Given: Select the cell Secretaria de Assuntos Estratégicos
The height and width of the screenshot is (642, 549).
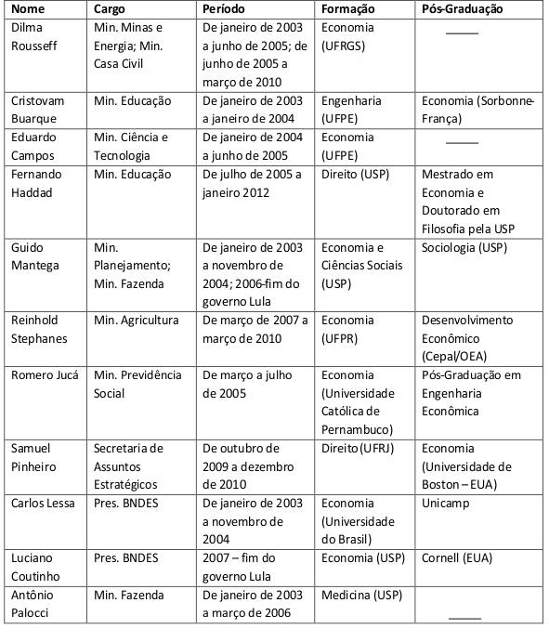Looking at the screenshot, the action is click(x=130, y=465).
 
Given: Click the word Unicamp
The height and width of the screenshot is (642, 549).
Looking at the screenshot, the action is click(x=446, y=503).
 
